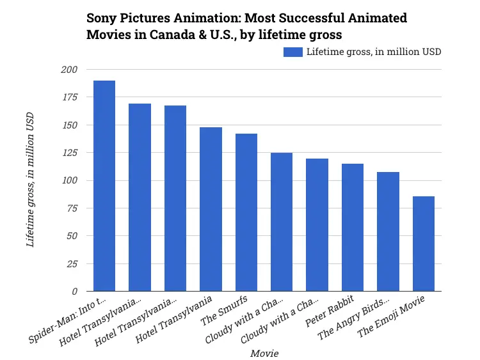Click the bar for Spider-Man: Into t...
pos(104,186)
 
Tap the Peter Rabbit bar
pos(353,227)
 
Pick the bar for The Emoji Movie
pos(424,244)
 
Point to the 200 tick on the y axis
pos(69,70)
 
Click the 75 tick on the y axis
pos(72,208)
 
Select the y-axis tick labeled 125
pos(69,153)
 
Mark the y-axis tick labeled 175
pos(69,97)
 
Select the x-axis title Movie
pos(264,353)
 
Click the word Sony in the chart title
pos(100,18)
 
